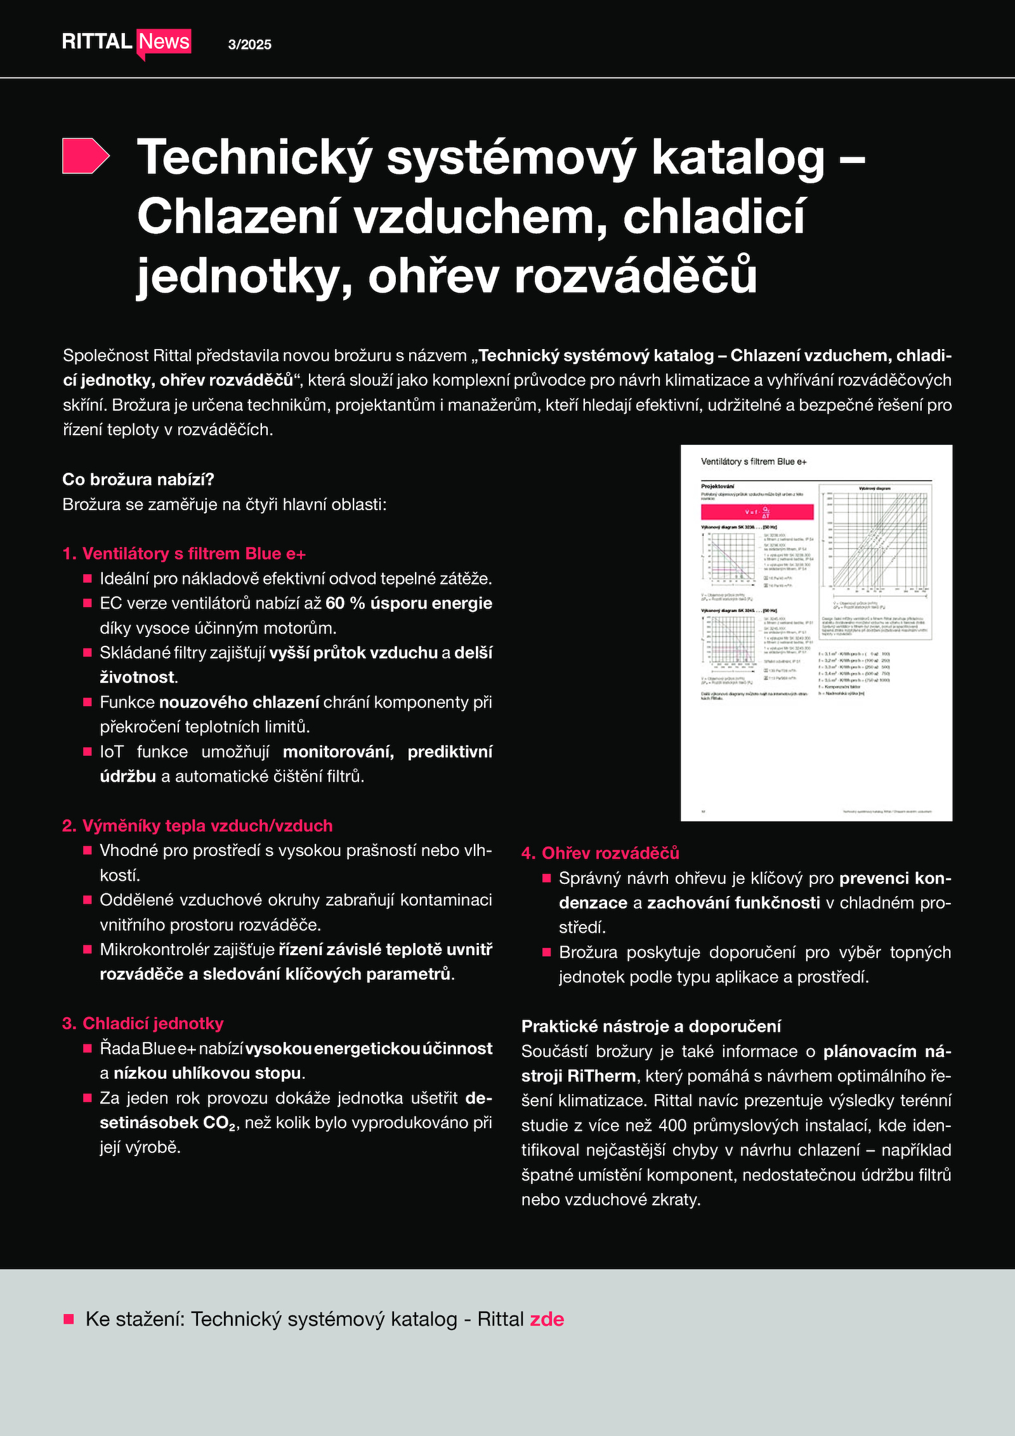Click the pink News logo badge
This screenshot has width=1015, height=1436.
[x=164, y=42]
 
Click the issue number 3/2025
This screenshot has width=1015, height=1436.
[x=249, y=44]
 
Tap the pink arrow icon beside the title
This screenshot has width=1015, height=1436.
[x=86, y=155]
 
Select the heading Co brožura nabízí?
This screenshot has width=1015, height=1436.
[x=138, y=480]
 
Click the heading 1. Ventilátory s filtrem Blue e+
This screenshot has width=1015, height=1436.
[x=184, y=554]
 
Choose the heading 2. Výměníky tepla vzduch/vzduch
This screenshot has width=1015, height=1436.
[x=197, y=826]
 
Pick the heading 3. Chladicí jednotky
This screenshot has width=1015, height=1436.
[x=143, y=1024]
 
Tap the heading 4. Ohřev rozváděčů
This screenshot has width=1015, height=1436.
[x=600, y=853]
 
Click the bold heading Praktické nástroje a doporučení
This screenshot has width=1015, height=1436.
[x=651, y=1026]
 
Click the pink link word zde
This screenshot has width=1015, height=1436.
[x=547, y=1319]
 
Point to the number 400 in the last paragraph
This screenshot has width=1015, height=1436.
[x=672, y=1126]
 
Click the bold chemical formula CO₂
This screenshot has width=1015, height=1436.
[x=219, y=1123]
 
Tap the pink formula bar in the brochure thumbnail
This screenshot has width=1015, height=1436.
[x=757, y=512]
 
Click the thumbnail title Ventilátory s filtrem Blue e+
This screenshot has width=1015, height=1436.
[x=754, y=462]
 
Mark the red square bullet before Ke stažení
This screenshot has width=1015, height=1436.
[x=69, y=1320]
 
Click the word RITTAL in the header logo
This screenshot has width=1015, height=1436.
[x=96, y=42]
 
